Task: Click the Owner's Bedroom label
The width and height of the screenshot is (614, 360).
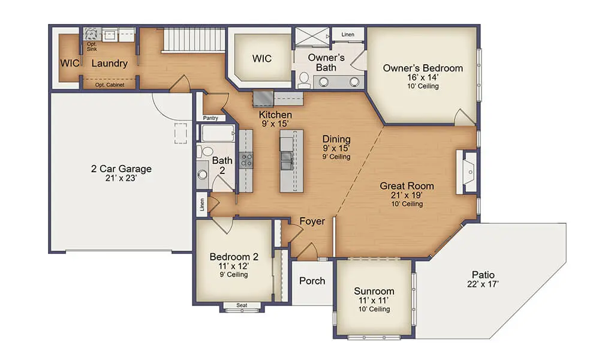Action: tap(423, 68)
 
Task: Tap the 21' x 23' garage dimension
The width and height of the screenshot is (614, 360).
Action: tap(121, 178)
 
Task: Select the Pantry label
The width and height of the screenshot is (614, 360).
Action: tap(210, 118)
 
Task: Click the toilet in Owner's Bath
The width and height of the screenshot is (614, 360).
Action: tap(304, 80)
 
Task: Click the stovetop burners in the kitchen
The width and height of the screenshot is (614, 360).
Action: tap(246, 160)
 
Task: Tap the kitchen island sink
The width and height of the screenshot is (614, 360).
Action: tap(286, 161)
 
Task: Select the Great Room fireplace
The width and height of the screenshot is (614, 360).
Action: tap(466, 172)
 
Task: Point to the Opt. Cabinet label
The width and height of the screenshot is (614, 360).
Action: tap(110, 85)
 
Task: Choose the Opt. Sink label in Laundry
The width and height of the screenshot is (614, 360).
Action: tap(92, 47)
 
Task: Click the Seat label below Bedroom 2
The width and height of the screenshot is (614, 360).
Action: tap(242, 305)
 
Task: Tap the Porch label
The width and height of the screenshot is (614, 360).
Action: tap(312, 281)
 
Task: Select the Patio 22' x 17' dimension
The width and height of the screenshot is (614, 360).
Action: tap(483, 284)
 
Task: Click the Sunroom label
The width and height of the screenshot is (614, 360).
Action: tap(374, 291)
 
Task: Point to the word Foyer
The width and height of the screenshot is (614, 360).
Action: tap(312, 221)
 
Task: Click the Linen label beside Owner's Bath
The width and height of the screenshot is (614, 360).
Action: tap(348, 34)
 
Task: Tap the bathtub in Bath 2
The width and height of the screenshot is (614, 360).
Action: tap(218, 133)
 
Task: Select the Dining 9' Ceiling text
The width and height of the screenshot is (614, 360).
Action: tap(336, 157)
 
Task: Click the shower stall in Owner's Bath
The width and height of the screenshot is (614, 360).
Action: tap(312, 37)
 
